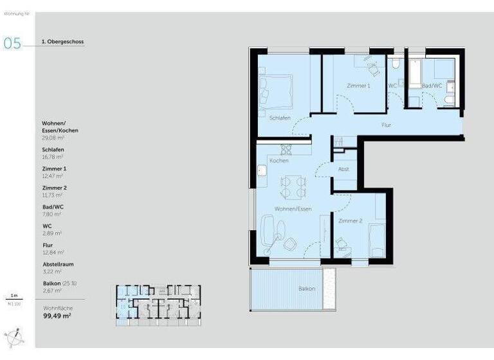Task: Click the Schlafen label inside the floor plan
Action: coord(280,118)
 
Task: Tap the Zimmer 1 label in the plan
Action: coord(358,85)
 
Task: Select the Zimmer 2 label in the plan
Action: coord(351,221)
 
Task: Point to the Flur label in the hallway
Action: coord(387,125)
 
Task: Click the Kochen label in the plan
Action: coord(279,160)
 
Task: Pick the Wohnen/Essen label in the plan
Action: coord(293,210)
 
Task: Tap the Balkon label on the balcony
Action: coord(307,289)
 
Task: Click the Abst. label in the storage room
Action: coord(343,168)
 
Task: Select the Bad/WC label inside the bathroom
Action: coord(432,85)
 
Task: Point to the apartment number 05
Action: coord(12,43)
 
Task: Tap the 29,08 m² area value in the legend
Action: coord(52,138)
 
